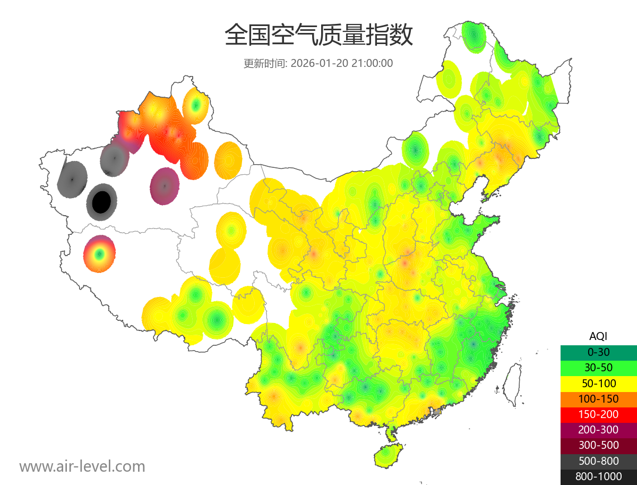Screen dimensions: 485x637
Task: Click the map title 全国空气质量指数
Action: (x=318, y=36)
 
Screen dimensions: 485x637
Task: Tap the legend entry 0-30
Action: (x=598, y=352)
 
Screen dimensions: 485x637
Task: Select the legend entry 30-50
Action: (x=598, y=367)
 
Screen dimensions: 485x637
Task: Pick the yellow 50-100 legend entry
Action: (x=598, y=383)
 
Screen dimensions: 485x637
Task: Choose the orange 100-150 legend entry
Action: (x=598, y=398)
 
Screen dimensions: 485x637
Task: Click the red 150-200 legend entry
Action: (x=598, y=414)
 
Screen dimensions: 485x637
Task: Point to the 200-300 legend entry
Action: (x=598, y=430)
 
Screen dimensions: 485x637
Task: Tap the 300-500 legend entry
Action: (x=598, y=445)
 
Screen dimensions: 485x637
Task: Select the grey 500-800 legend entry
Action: (x=598, y=461)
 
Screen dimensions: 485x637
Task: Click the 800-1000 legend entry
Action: (x=598, y=477)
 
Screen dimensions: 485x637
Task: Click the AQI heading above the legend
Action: (x=598, y=336)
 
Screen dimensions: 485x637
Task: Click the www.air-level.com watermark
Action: (x=82, y=466)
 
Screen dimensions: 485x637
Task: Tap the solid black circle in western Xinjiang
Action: (x=101, y=202)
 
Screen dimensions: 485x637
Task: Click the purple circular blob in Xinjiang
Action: (x=165, y=186)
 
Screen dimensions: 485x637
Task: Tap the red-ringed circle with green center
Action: (x=99, y=254)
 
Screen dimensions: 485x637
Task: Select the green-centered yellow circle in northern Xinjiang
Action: (x=195, y=106)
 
